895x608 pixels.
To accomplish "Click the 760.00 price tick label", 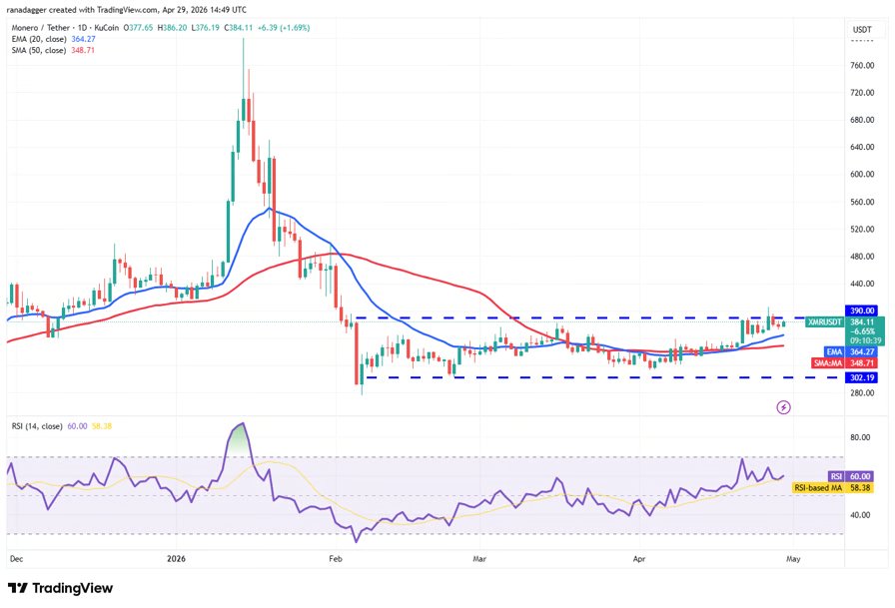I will click(862, 66).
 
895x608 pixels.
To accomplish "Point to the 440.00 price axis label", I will click(862, 283).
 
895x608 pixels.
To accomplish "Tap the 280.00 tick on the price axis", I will click(862, 392).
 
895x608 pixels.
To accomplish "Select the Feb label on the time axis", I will click(336, 561).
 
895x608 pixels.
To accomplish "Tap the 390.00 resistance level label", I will click(862, 311).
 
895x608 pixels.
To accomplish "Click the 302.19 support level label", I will click(862, 377).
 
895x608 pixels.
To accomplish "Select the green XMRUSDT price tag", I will click(826, 321).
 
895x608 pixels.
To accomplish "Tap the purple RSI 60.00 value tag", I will click(834, 477).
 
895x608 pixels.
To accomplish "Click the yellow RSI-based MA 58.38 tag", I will click(834, 487).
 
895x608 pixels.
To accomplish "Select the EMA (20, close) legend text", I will click(41, 40).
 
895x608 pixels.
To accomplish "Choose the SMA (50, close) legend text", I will click(41, 51).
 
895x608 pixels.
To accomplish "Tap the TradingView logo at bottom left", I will click(61, 588).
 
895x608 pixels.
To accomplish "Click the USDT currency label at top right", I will click(861, 30).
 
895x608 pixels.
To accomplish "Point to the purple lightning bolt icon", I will click(784, 407).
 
